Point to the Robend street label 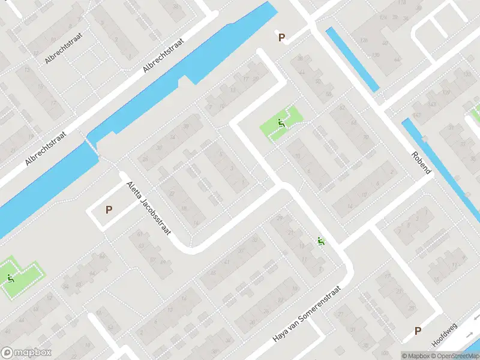coord(421,161)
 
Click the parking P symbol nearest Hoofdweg coord(418,331)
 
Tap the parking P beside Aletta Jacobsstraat coord(109,210)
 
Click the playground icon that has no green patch coord(321,242)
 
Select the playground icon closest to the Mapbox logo coord(10,278)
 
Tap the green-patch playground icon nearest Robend coord(281,124)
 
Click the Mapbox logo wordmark coord(26,353)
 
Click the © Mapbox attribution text coord(416,356)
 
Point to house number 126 coord(363,40)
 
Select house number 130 coord(376,55)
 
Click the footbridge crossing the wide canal coord(92,145)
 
